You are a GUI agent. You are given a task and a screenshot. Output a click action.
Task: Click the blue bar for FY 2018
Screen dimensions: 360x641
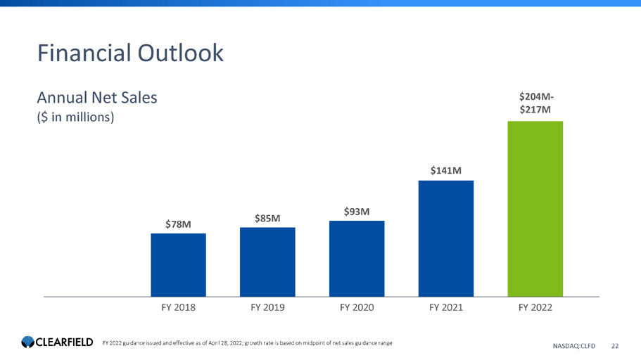pyautogui.click(x=178, y=264)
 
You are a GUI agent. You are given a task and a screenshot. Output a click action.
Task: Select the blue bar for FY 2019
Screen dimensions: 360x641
pyautogui.click(x=267, y=262)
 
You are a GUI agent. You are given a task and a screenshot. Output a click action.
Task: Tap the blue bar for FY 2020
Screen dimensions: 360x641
pyautogui.click(x=357, y=258)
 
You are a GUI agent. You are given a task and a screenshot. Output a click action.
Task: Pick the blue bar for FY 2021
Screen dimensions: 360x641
pyautogui.click(x=446, y=238)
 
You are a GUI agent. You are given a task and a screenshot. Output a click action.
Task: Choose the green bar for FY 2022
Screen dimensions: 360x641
pyautogui.click(x=535, y=208)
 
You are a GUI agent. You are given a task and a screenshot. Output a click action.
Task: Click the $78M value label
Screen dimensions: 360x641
pyautogui.click(x=178, y=224)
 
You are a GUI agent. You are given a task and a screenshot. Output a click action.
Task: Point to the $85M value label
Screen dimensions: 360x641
pyautogui.click(x=267, y=218)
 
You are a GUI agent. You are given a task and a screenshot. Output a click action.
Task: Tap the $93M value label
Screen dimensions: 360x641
pyautogui.click(x=357, y=211)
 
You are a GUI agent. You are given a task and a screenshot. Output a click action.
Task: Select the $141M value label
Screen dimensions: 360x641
pyautogui.click(x=446, y=170)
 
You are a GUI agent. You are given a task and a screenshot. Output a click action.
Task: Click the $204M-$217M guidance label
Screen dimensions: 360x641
pyautogui.click(x=535, y=103)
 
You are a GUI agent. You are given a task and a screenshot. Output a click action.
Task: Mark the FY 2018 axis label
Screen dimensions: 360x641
pyautogui.click(x=178, y=308)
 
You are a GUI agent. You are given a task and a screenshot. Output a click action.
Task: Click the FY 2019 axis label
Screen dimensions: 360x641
pyautogui.click(x=267, y=308)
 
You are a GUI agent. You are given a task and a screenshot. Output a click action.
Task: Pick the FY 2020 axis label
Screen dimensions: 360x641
pyautogui.click(x=357, y=308)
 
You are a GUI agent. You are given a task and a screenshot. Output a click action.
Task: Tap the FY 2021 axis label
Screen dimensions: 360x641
pyautogui.click(x=446, y=308)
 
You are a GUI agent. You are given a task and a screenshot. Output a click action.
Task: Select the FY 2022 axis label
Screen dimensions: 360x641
pyautogui.click(x=535, y=308)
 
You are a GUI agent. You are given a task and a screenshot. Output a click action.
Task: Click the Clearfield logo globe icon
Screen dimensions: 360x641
pyautogui.click(x=27, y=342)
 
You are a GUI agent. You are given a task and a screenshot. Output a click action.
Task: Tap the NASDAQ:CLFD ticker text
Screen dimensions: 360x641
pyautogui.click(x=574, y=345)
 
